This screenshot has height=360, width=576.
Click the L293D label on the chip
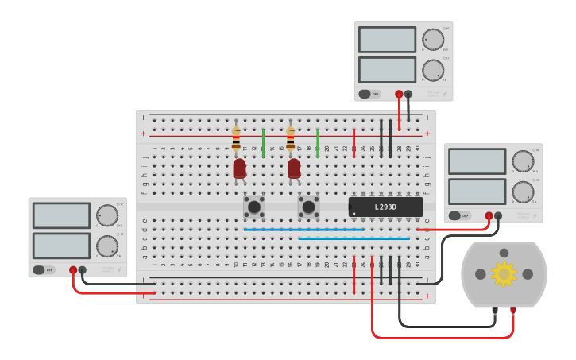386,207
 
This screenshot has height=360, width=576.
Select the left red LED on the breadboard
239,168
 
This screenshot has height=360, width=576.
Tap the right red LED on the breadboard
294,168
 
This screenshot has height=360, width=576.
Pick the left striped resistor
236,140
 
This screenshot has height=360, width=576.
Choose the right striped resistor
290,140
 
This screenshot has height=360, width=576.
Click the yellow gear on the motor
504,273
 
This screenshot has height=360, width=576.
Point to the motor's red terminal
513,310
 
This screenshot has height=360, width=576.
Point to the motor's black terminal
495,310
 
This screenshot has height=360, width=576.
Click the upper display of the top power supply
387,40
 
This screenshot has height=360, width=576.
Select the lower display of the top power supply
387,70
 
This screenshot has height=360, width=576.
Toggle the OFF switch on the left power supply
44,269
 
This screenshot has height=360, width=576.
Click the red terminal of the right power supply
489,215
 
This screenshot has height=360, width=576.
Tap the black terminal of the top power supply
408,94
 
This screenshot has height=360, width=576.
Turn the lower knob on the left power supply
106,246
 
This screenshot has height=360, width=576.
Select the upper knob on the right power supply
523,161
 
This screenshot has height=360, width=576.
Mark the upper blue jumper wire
303,230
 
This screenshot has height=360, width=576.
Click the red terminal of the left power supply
73,270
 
